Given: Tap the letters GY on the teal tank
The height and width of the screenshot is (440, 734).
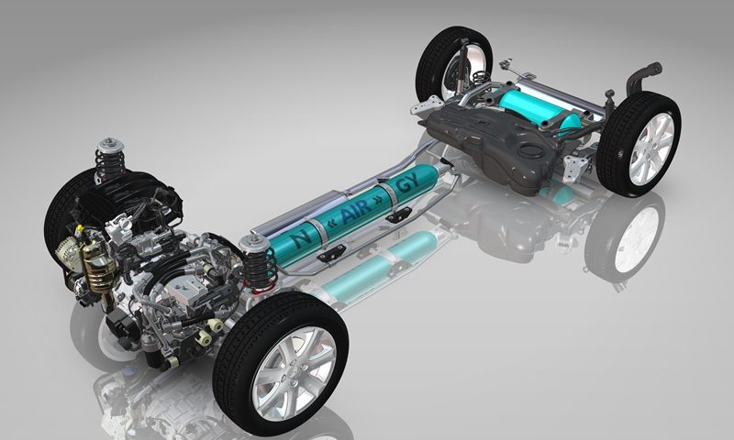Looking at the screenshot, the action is pyautogui.click(x=407, y=186).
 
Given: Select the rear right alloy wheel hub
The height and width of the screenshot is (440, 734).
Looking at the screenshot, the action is pyautogui.click(x=651, y=148).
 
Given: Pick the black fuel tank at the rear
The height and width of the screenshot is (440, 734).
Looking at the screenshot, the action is pyautogui.click(x=496, y=143).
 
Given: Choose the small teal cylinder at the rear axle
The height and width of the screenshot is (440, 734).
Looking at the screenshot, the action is pyautogui.click(x=539, y=109).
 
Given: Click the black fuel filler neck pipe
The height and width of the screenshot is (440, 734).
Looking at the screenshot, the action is pyautogui.click(x=643, y=77).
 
